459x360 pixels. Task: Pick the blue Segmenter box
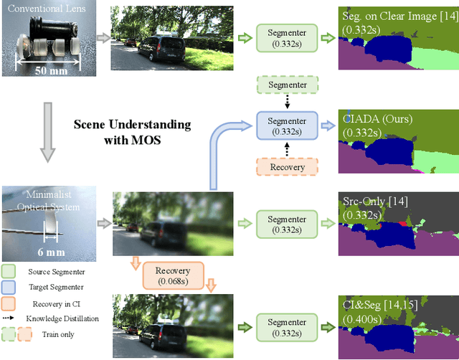pos(287,125)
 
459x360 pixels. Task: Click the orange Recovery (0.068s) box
pos(174,275)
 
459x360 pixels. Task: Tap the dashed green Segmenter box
pos(287,85)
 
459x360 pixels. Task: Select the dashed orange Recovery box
pos(287,167)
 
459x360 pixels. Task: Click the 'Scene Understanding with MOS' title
pos(133,132)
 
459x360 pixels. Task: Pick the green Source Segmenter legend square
pos(9,272)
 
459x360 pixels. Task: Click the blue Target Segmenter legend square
pos(9,288)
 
